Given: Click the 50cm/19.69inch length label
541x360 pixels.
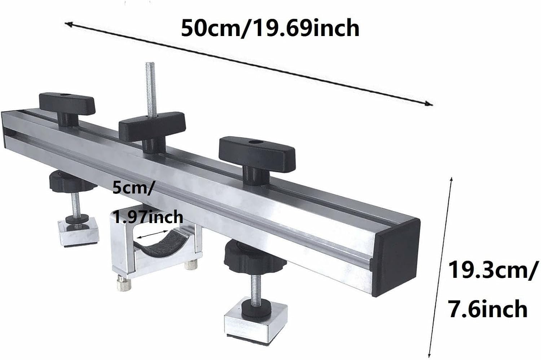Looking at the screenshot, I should tap(270, 28).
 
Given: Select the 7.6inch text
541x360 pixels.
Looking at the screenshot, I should tap(488, 309).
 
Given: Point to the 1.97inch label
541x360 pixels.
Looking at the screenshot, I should tap(148, 217).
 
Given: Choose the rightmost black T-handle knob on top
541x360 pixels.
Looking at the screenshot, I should tap(257, 150).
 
